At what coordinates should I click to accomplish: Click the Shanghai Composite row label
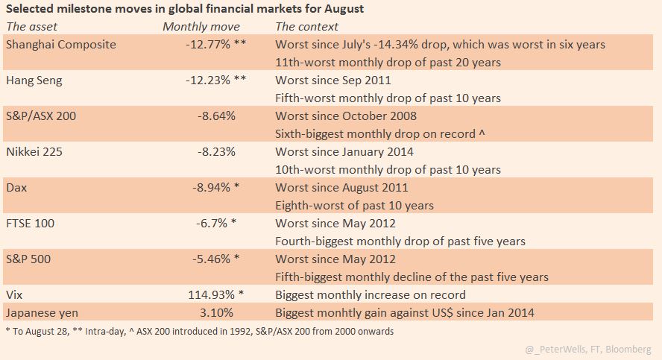tap(61, 45)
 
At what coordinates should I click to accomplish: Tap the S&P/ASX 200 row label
tap(41, 116)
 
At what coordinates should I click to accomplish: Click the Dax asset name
tap(16, 188)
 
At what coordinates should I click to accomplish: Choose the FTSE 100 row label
tap(30, 224)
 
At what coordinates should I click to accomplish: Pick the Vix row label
tap(15, 295)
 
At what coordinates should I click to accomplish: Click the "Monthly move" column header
tap(201, 27)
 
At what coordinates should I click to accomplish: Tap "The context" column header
tap(308, 27)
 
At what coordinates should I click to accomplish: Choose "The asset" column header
tap(32, 27)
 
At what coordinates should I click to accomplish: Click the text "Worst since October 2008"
tap(346, 116)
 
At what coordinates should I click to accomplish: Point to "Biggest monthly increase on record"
tap(371, 295)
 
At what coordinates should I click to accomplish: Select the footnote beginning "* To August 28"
tap(199, 331)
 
